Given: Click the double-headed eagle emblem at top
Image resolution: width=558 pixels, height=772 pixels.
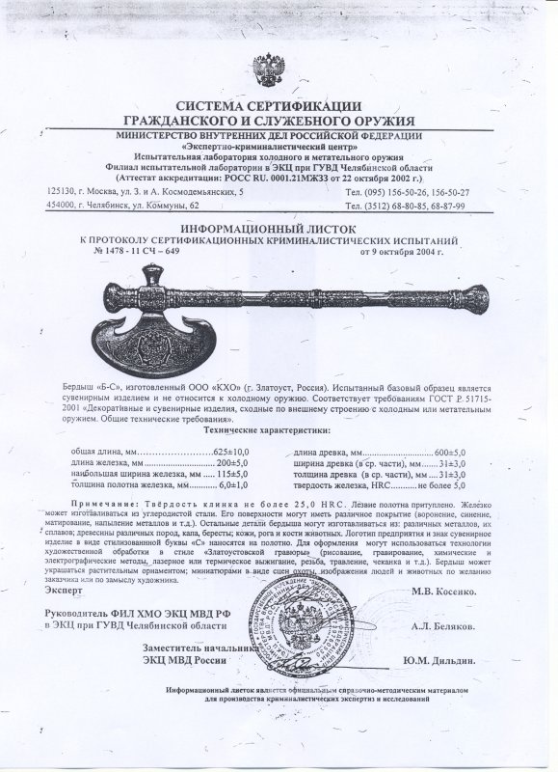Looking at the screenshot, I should coord(272,70).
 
